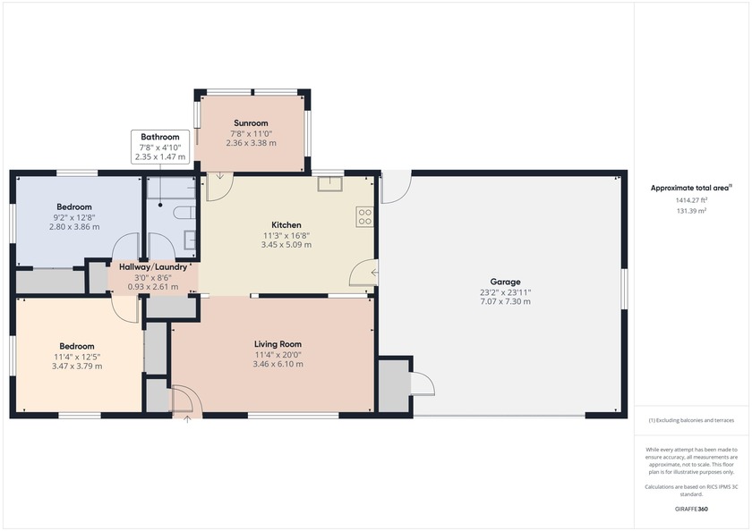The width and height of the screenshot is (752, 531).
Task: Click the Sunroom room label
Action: (251, 123)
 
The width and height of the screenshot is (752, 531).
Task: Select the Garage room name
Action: (505, 282)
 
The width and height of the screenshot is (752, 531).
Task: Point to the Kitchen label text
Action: (286, 224)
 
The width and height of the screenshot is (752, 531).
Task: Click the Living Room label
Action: (278, 344)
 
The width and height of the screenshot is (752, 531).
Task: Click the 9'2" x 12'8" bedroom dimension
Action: (75, 217)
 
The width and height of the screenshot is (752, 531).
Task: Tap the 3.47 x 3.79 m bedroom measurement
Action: (77, 366)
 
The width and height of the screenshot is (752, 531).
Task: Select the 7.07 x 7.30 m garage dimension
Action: (505, 301)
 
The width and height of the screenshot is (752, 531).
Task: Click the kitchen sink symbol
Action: (329, 184)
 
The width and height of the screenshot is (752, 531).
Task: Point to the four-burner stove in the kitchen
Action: (365, 215)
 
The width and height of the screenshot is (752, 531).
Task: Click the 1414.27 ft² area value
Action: (690, 200)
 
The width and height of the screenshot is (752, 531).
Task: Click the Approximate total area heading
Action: (690, 188)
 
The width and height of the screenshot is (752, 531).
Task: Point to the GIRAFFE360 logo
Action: (690, 509)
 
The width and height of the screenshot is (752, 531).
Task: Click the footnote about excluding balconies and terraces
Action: (690, 420)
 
